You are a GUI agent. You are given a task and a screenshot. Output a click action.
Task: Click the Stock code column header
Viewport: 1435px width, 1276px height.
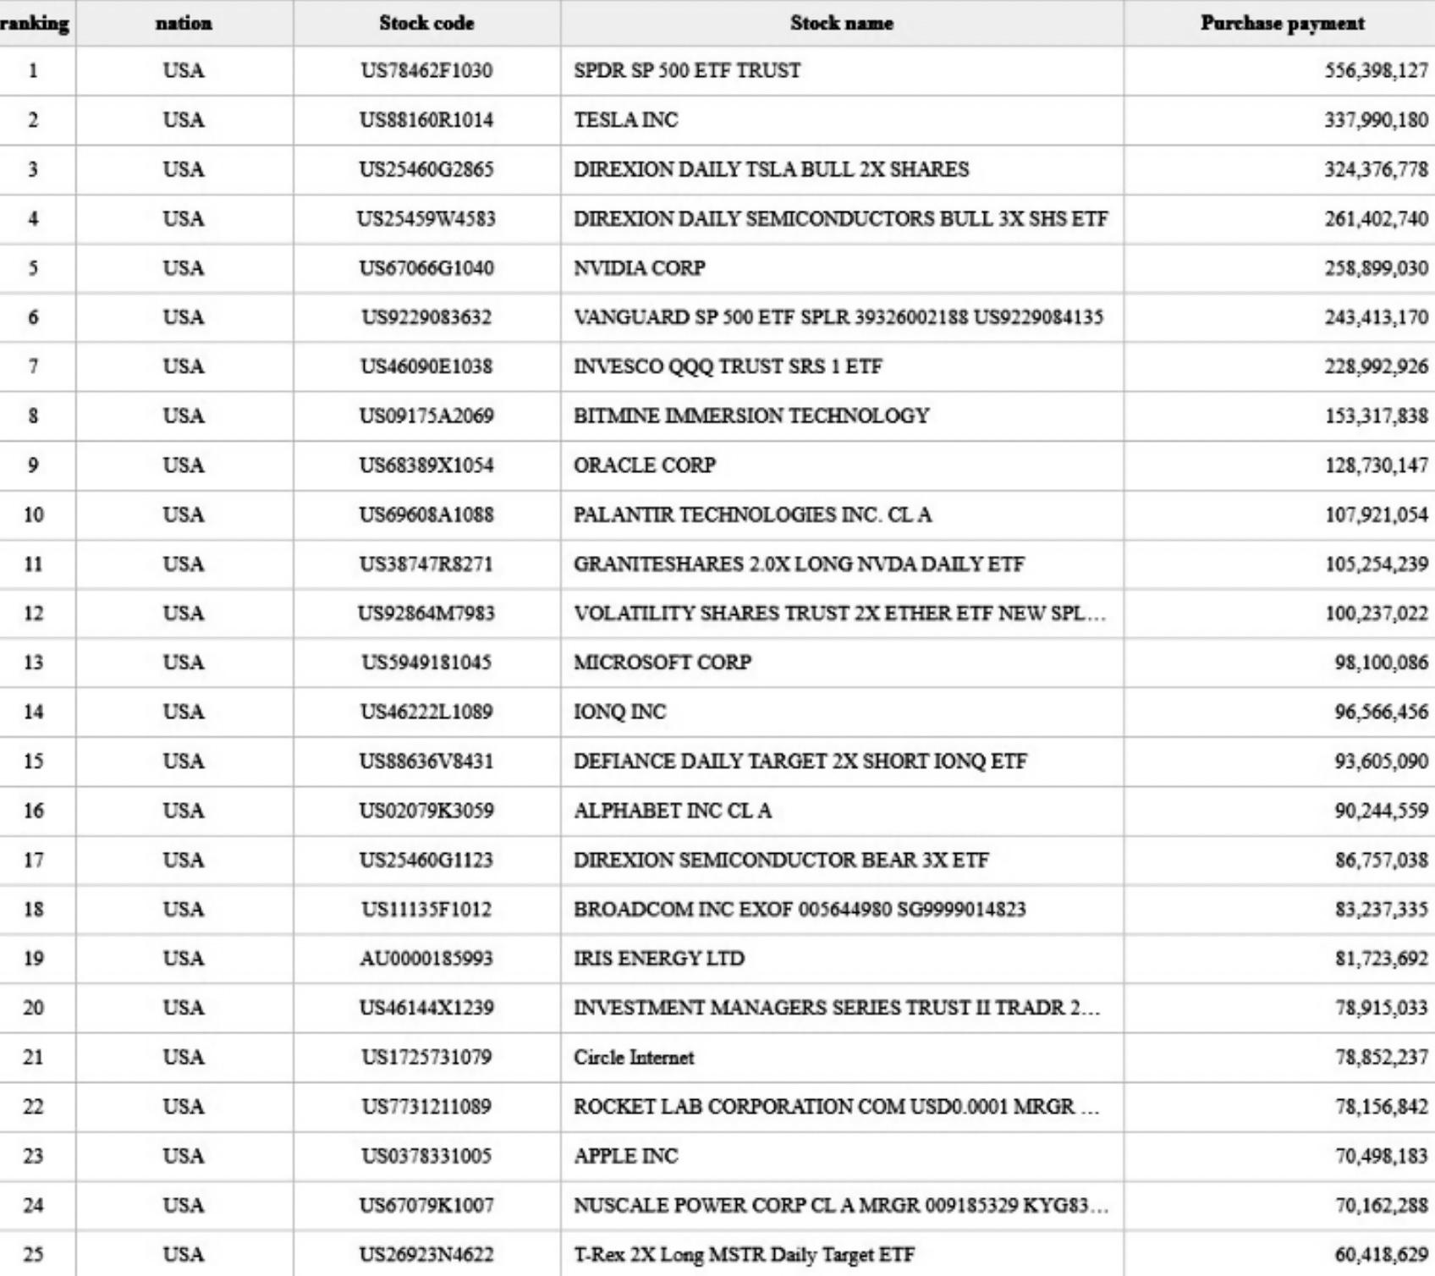coord(426,24)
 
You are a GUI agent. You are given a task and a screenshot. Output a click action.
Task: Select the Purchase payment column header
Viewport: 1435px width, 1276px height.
coord(1282,24)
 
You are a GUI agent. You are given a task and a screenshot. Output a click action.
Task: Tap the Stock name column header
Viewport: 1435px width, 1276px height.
coord(841,24)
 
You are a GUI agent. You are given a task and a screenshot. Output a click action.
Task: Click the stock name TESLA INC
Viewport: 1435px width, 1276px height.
coord(626,120)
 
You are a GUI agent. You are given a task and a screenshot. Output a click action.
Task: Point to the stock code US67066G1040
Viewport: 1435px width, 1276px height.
coord(426,268)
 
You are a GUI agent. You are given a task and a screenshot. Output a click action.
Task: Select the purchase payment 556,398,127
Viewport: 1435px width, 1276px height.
coord(1376,71)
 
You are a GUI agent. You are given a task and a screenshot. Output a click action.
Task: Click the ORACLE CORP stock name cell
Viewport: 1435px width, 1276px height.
coord(645,465)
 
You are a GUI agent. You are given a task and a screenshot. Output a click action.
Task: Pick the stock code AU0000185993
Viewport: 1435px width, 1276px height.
coord(426,959)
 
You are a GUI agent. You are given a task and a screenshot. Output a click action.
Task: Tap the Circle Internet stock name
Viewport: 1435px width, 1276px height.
coord(634,1058)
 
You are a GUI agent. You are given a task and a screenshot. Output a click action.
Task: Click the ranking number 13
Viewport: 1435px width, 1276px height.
coord(33,663)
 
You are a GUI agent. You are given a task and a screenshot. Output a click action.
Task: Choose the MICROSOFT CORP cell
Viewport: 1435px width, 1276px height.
coord(663,663)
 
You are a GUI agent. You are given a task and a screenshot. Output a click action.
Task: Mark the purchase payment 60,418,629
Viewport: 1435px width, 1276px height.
coord(1381,1255)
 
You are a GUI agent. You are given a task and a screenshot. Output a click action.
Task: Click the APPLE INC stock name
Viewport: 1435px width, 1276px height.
coord(626,1156)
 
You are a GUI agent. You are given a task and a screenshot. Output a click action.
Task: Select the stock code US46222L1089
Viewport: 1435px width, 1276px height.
coord(426,712)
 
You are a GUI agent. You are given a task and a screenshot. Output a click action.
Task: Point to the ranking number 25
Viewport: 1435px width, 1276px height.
coord(33,1255)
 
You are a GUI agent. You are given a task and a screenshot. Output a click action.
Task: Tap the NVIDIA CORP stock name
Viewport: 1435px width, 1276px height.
coord(640,268)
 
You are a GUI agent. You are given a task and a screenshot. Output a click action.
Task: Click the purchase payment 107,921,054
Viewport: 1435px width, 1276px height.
coord(1376,514)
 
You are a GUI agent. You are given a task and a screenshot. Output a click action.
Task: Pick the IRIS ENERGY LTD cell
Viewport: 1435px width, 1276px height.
coord(659,959)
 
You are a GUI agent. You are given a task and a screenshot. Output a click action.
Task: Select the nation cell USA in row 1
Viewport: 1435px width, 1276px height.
coord(184,71)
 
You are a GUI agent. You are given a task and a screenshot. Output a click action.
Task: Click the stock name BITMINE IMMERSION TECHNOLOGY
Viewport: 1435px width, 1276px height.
coord(751,416)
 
